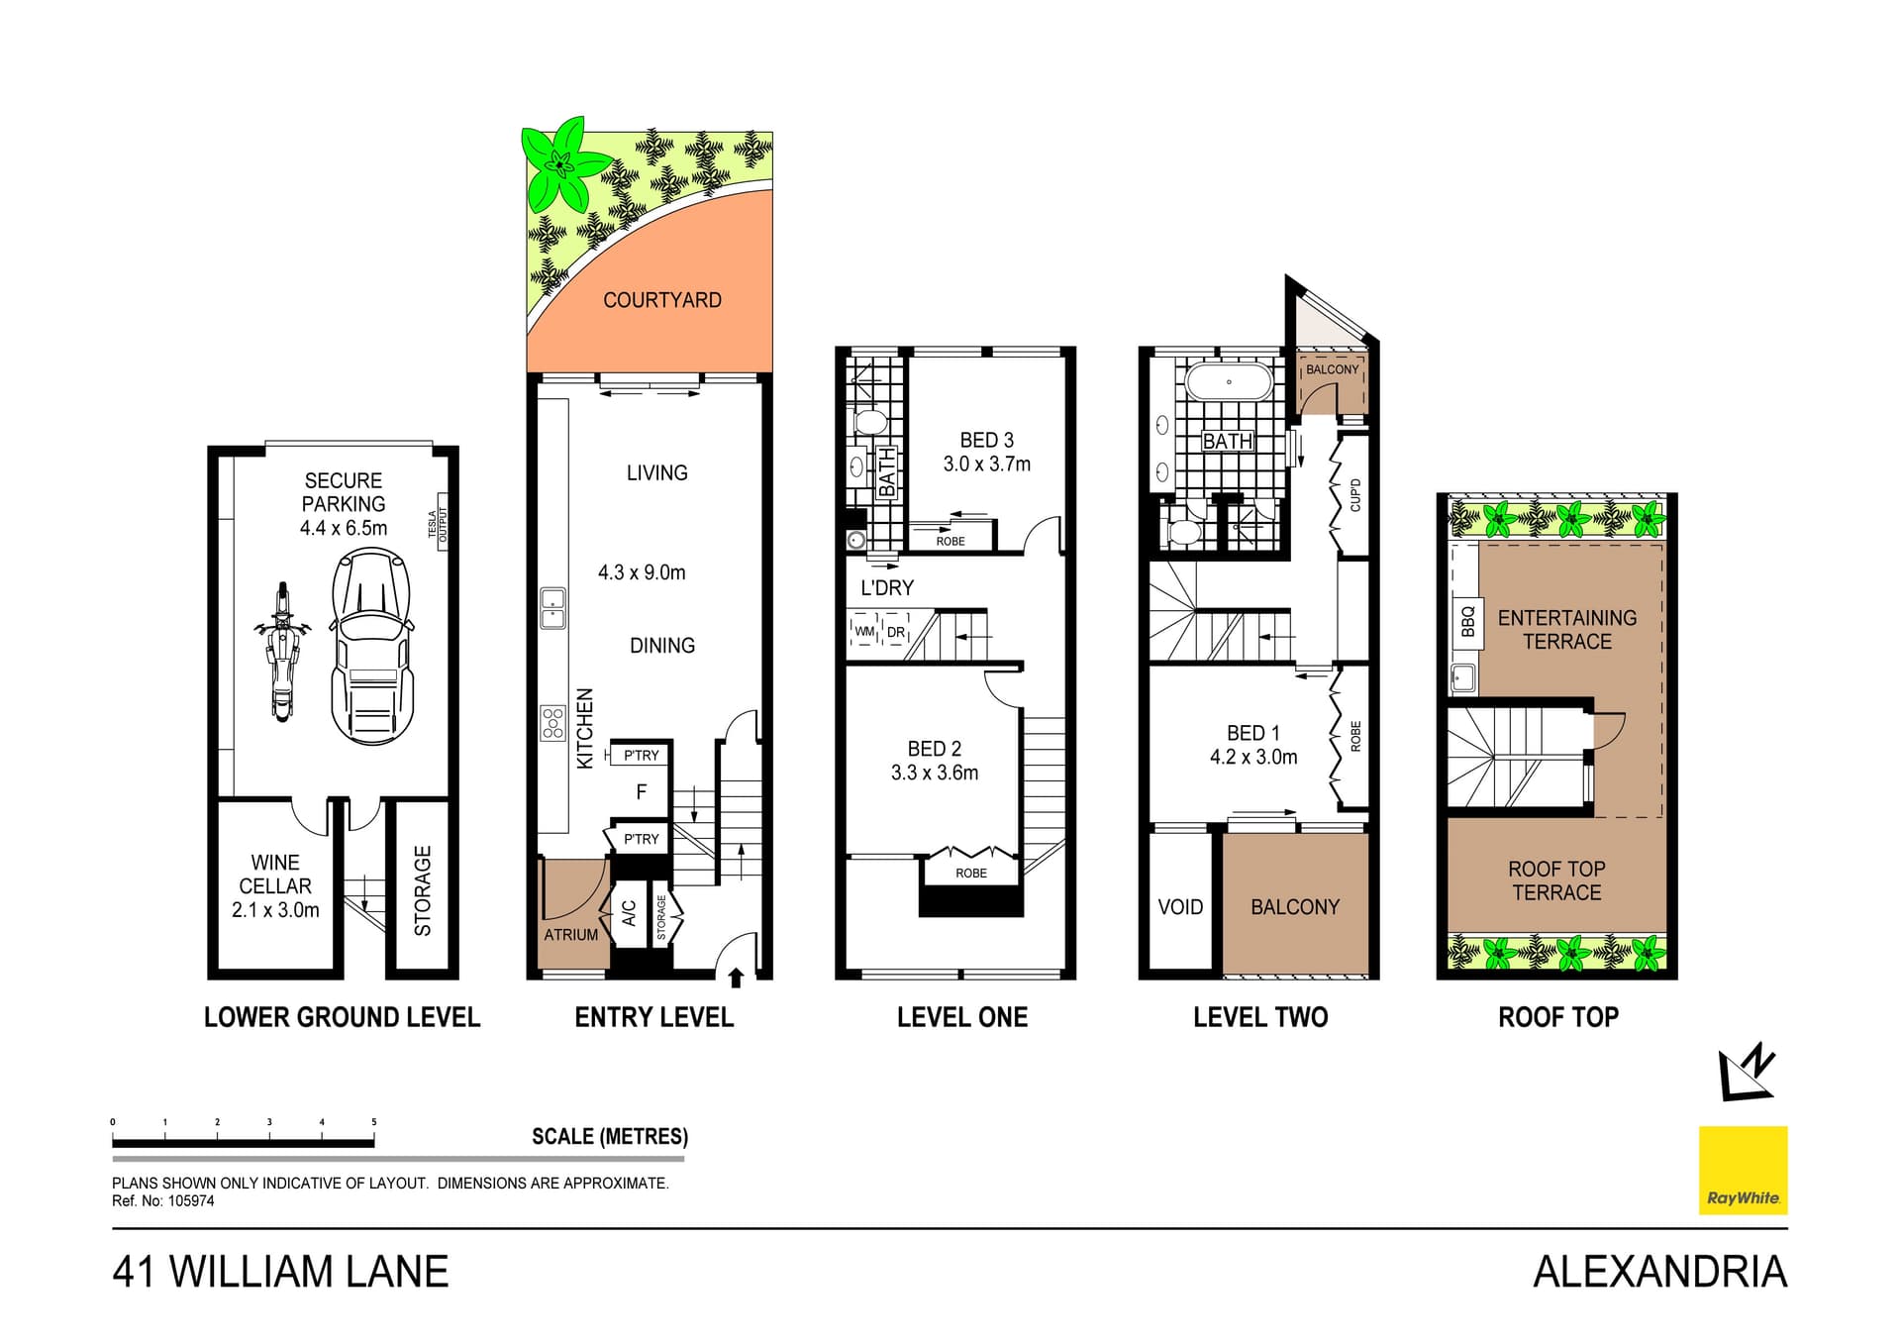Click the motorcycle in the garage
tap(283, 651)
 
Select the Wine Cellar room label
tap(275, 885)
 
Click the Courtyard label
tap(662, 300)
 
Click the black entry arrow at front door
tap(736, 979)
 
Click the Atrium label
tap(570, 934)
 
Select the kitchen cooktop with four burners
tap(552, 723)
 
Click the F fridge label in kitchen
tap(642, 792)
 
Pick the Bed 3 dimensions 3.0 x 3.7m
tap(986, 465)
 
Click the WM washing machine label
tap(864, 632)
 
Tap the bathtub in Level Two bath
tap(1229, 382)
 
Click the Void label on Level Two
tap(1180, 907)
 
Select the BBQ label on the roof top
tap(1467, 621)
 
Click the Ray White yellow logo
tap(1743, 1170)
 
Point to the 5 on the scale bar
tap(374, 1122)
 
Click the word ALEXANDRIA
tap(1659, 1272)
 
